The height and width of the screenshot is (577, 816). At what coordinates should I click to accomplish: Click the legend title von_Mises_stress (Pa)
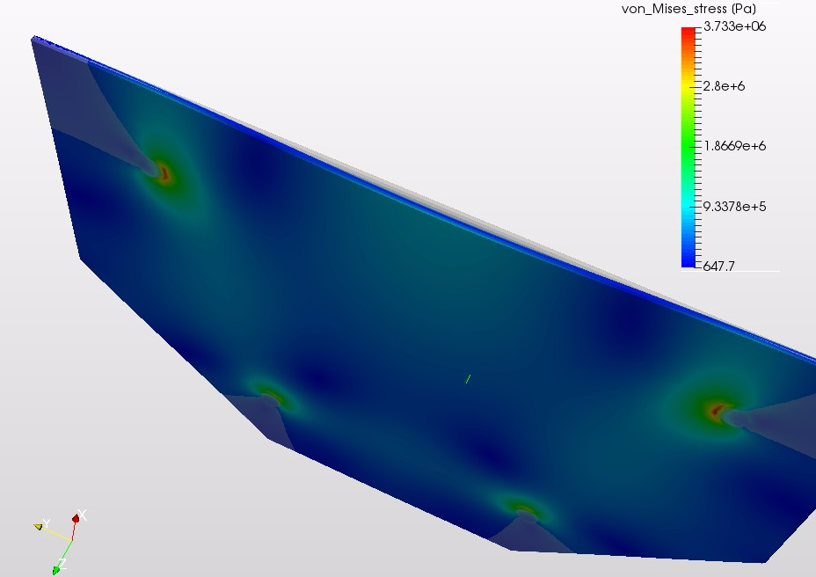pyautogui.click(x=688, y=9)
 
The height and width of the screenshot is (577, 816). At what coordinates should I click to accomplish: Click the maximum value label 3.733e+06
pyautogui.click(x=734, y=26)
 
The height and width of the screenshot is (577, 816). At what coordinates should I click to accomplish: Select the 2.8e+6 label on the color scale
pyautogui.click(x=724, y=86)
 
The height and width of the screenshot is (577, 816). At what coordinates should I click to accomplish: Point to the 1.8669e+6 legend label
pyautogui.click(x=734, y=146)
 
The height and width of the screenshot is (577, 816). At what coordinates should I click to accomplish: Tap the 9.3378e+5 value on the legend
pyautogui.click(x=734, y=207)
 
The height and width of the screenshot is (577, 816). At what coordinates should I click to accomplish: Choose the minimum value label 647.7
pyautogui.click(x=718, y=267)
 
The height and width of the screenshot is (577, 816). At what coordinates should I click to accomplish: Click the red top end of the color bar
pyautogui.click(x=688, y=30)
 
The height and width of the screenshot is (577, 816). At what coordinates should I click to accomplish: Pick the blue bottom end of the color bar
pyautogui.click(x=688, y=264)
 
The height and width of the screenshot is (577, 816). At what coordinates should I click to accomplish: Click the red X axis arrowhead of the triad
pyautogui.click(x=76, y=518)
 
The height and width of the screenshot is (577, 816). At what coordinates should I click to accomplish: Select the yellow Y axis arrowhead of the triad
pyautogui.click(x=38, y=527)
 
